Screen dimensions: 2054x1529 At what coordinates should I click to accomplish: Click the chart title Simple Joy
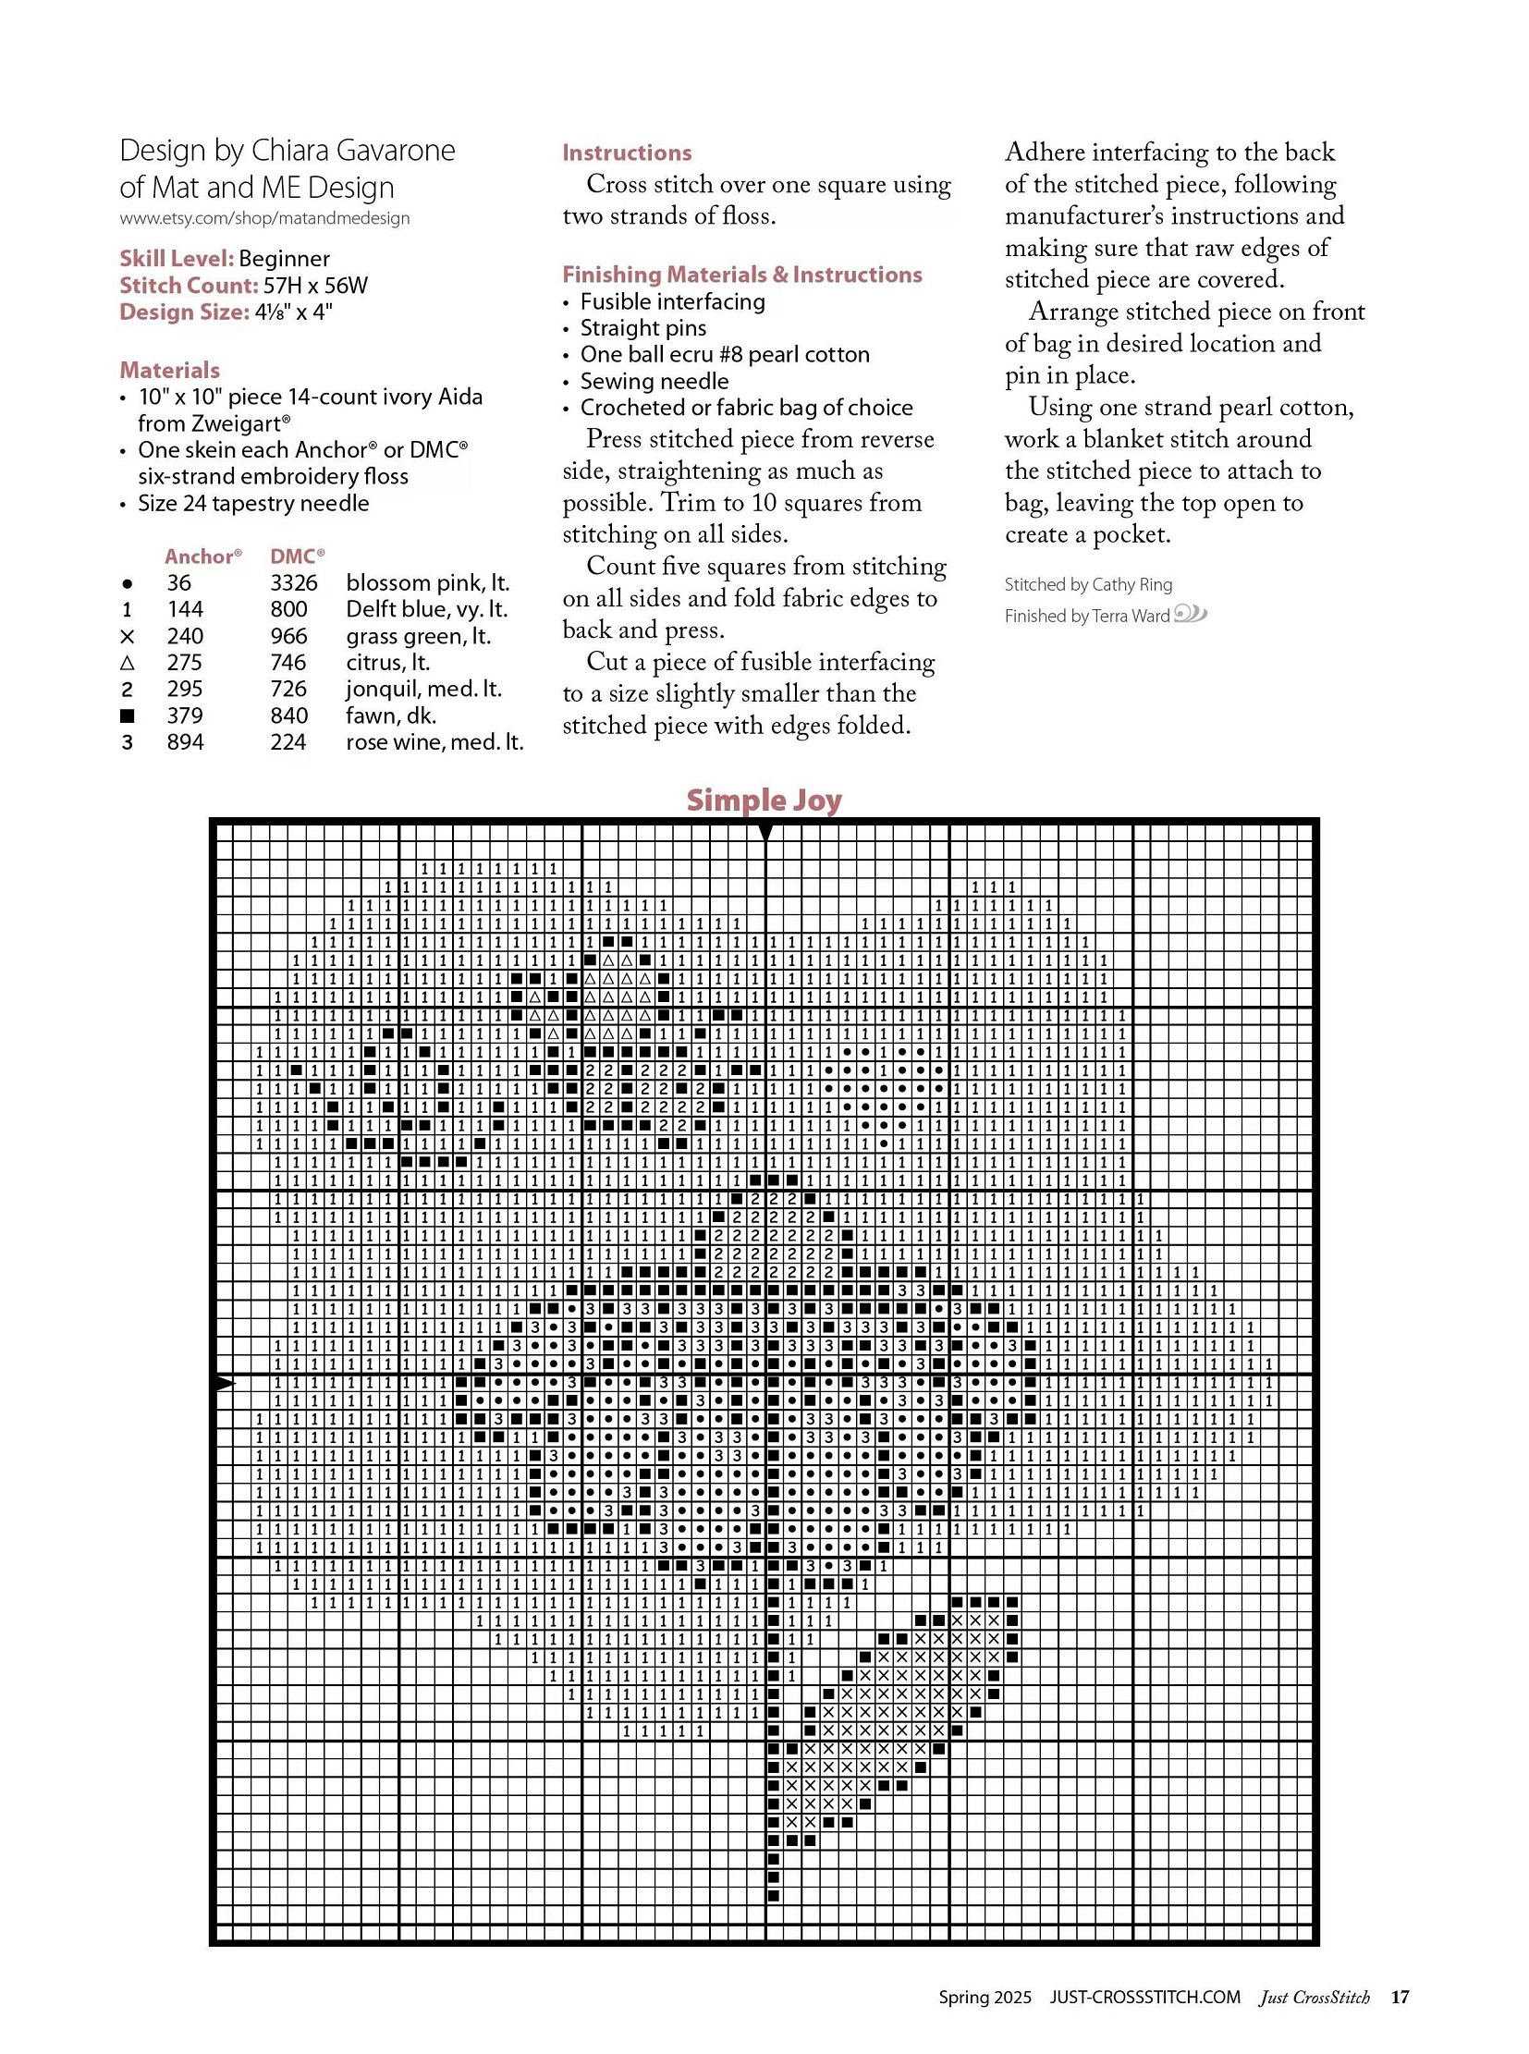point(764,800)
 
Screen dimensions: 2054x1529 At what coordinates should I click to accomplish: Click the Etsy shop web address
point(264,218)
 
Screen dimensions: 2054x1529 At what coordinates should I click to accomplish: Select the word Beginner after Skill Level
point(284,258)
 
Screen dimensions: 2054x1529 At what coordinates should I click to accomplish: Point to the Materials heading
point(169,371)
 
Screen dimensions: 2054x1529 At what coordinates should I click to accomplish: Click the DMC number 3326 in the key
point(293,583)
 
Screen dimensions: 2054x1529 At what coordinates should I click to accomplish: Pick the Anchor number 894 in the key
point(185,742)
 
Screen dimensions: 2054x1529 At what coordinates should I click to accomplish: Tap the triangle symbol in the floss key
point(128,663)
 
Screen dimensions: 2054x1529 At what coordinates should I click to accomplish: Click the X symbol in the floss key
point(128,637)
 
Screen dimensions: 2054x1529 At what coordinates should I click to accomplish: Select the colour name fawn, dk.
point(391,715)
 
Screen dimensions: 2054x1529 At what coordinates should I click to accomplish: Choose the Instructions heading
point(627,153)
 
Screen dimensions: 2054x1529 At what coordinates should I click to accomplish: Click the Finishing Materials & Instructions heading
point(742,275)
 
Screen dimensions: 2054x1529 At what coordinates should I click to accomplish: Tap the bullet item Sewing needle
point(654,382)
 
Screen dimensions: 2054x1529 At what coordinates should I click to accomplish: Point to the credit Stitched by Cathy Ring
point(1088,585)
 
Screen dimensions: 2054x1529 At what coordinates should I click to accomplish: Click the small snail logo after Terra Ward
point(1191,614)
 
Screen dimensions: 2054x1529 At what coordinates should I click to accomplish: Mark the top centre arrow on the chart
point(765,833)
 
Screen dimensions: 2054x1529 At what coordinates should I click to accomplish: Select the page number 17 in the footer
point(1400,1997)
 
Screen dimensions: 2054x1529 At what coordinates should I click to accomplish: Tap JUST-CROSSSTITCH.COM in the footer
point(1144,1997)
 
